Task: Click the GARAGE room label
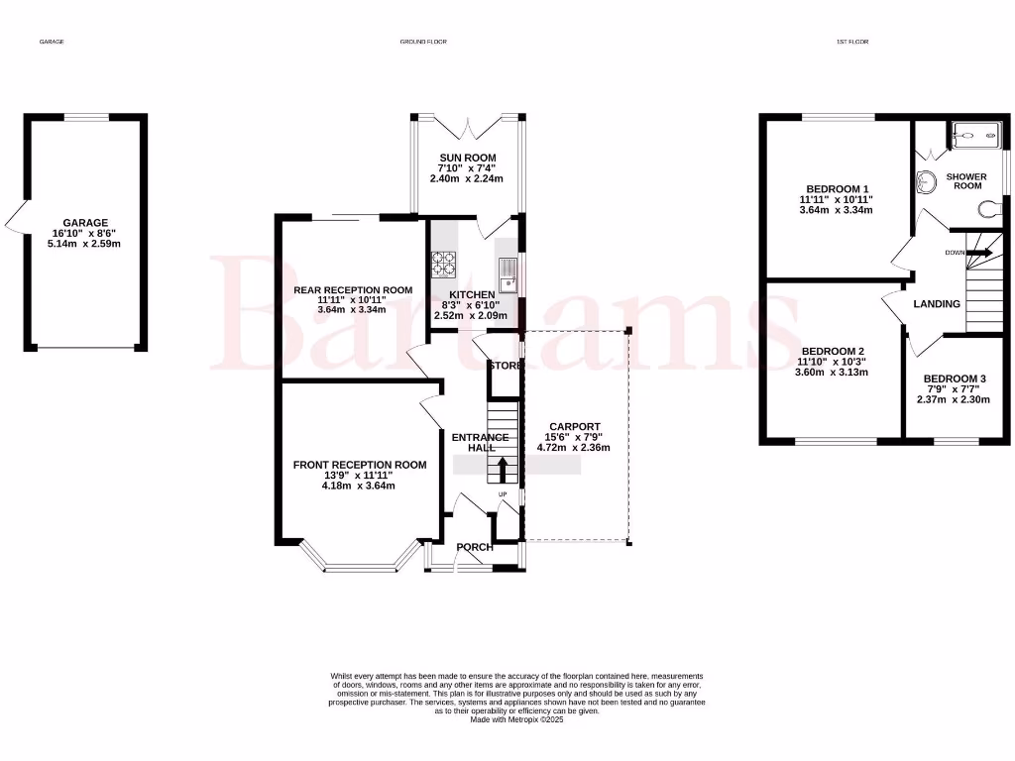(85, 223)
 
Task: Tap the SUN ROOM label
(468, 158)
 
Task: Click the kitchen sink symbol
(508, 272)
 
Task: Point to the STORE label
(505, 366)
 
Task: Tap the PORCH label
(474, 547)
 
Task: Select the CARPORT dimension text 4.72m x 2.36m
(573, 448)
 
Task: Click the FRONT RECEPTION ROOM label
(359, 465)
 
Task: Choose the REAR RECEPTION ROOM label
(352, 289)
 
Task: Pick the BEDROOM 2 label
(833, 351)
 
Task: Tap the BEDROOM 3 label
(955, 379)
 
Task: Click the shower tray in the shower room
(975, 136)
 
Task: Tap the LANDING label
(937, 304)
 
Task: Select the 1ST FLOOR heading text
(852, 43)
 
